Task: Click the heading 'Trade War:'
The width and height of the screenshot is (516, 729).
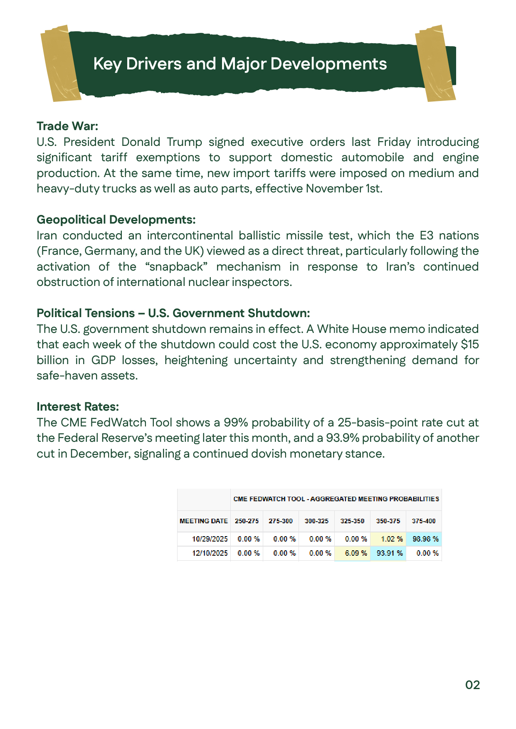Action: click(67, 126)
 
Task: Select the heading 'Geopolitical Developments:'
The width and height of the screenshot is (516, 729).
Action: click(116, 219)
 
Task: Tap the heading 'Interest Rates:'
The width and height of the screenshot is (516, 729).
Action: click(78, 406)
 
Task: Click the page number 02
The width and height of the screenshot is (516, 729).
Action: click(472, 685)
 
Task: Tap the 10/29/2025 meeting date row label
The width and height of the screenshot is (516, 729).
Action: click(210, 539)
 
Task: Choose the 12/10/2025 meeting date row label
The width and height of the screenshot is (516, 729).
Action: click(210, 553)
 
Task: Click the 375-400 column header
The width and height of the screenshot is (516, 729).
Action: click(423, 521)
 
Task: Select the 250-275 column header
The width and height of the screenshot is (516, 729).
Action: click(247, 521)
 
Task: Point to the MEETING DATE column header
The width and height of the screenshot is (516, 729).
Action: click(204, 521)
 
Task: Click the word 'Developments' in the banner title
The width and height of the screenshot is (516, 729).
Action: click(328, 64)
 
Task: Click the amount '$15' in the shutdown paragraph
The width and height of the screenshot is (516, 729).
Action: click(470, 345)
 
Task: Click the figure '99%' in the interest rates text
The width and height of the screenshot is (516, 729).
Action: click(236, 423)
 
